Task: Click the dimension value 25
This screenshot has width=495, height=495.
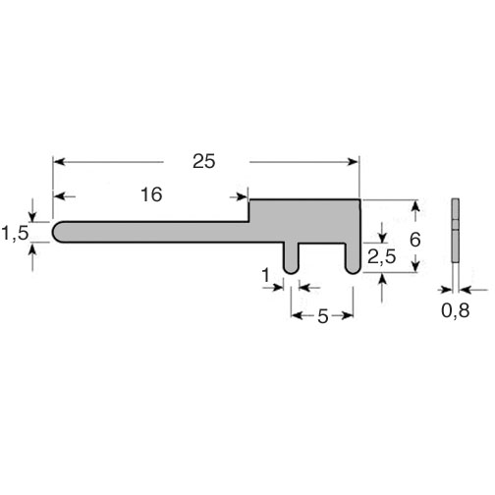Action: pos(204,161)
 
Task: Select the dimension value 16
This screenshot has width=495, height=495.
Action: pos(151,194)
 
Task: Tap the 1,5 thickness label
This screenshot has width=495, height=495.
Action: pos(16,234)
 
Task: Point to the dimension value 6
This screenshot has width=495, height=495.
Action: pos(415,240)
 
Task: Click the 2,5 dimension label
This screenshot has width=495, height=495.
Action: pos(382,256)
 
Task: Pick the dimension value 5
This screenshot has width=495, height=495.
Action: pos(323,316)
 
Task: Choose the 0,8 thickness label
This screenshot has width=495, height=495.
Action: pos(456,310)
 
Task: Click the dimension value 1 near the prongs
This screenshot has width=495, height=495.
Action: pos(266,275)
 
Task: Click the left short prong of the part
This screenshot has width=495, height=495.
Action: pos(291,258)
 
